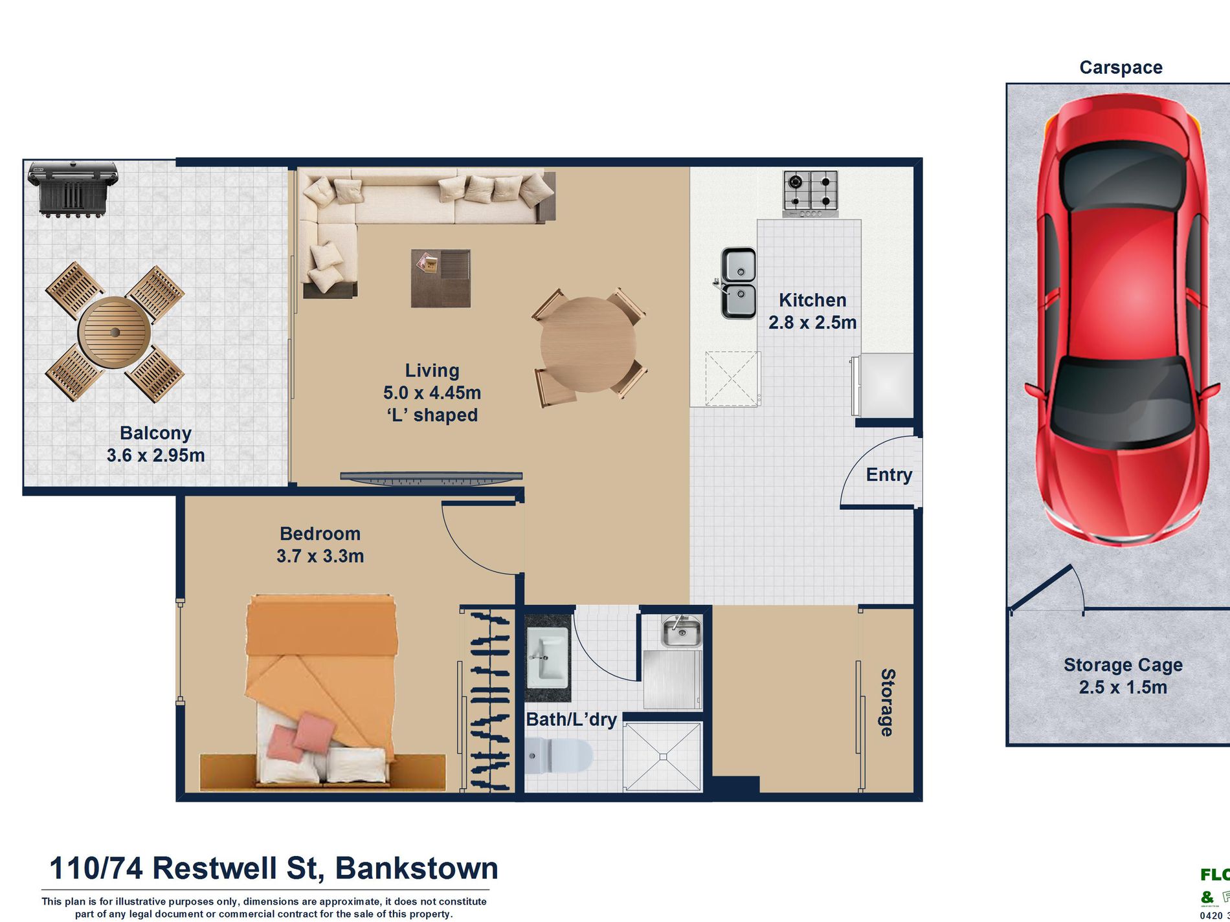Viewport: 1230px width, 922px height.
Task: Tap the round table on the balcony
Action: click(115, 333)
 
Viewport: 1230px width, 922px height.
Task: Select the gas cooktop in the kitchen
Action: click(811, 193)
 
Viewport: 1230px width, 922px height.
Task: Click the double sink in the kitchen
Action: click(739, 283)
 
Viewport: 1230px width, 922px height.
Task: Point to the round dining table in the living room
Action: click(588, 344)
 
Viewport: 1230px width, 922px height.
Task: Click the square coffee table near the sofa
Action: click(441, 278)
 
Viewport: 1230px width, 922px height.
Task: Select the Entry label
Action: click(889, 475)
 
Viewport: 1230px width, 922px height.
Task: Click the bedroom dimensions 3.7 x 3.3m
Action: click(320, 556)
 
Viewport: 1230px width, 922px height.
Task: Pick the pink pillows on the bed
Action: click(299, 736)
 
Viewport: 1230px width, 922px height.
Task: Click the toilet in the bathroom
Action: click(560, 756)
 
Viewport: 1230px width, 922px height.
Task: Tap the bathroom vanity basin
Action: click(546, 660)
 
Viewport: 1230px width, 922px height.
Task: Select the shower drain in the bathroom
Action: click(663, 756)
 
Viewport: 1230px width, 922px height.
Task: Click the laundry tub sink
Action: click(681, 631)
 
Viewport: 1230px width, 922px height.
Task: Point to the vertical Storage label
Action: click(888, 703)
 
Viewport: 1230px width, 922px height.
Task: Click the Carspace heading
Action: click(1121, 67)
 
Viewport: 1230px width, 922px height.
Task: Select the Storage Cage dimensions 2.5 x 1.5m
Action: click(1123, 687)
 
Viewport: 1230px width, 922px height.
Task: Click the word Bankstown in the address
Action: click(416, 868)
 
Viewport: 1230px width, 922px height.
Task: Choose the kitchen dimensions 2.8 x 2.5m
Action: click(812, 322)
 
